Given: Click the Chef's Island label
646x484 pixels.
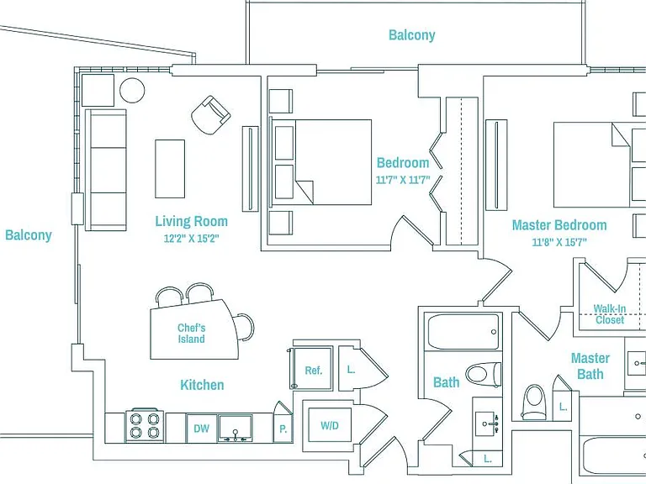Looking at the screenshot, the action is [x=191, y=334].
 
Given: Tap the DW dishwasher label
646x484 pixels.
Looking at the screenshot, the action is [x=202, y=429].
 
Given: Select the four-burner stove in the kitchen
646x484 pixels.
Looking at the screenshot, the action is [x=144, y=425].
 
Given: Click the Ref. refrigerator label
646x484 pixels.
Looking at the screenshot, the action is [x=314, y=371].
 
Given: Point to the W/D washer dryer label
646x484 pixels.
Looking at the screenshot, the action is [x=330, y=425].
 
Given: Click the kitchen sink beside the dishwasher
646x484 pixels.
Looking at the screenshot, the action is [x=236, y=429].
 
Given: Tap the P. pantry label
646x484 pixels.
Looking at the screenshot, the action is [x=283, y=429].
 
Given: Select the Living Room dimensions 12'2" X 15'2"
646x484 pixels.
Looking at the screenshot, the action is [x=191, y=239].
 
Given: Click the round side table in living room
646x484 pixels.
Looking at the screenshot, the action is [x=132, y=90].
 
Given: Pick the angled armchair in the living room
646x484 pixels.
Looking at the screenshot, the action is [x=211, y=115].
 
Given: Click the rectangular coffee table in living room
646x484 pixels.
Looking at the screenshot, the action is [x=170, y=169].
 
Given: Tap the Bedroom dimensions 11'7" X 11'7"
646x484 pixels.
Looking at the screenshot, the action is [x=403, y=180].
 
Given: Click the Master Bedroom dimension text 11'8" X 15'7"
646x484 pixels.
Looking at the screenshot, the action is [x=559, y=242].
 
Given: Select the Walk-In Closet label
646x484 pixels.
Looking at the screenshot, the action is [x=610, y=314].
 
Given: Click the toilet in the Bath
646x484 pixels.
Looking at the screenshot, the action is [x=484, y=375].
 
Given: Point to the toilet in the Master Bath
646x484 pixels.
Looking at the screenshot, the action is [x=533, y=402].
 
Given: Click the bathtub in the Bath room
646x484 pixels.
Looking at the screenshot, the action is [x=463, y=332].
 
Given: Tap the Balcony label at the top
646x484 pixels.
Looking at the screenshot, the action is [x=412, y=35].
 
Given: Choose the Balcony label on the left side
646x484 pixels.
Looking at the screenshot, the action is [x=29, y=235].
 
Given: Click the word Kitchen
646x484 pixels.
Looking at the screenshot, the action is [x=202, y=385].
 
